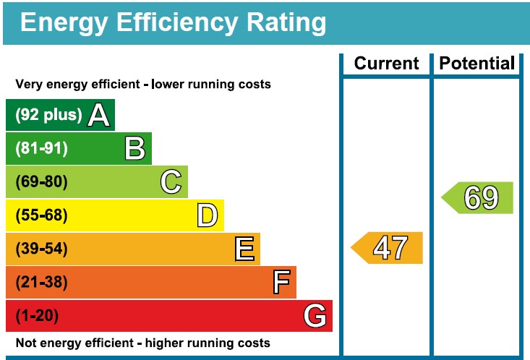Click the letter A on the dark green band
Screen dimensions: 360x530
[99, 116]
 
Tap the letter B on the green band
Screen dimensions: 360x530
[135, 149]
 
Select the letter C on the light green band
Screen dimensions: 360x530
[171, 182]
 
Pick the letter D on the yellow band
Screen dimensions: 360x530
[208, 215]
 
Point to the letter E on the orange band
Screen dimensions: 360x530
[244, 249]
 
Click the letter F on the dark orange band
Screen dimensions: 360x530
[281, 283]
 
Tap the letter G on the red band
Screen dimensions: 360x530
[315, 316]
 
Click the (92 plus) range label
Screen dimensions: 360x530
[48, 116]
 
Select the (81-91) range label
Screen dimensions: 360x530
[41, 149]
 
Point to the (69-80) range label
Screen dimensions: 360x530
[41, 182]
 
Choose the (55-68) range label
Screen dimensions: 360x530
[41, 215]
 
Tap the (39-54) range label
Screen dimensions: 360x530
[41, 249]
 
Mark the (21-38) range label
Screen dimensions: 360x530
[41, 283]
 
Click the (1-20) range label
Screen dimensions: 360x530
[37, 316]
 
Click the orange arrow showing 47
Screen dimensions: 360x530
[388, 248]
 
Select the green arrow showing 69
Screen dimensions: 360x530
[478, 198]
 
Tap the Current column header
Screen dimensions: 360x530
[386, 64]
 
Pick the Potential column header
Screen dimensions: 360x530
[477, 64]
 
